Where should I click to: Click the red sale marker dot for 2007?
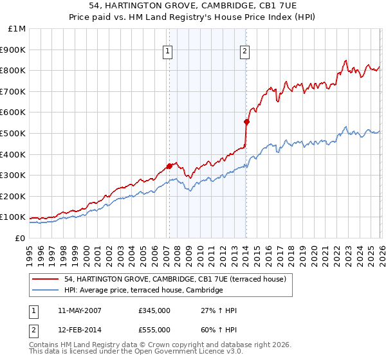[x=169, y=166]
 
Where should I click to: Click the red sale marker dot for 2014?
[x=246, y=122]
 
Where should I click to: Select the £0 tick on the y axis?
[x=20, y=238]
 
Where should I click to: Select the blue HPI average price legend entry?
[x=143, y=291]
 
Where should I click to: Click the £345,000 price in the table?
[x=154, y=310]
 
